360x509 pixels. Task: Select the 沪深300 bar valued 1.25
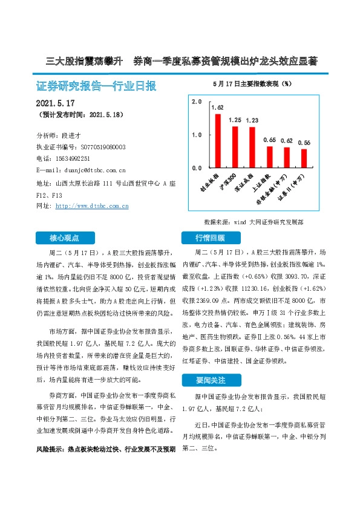pos(235,147)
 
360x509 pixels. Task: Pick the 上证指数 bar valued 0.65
pos(270,157)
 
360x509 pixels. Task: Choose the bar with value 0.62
pos(287,157)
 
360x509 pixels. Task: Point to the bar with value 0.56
pos(304,158)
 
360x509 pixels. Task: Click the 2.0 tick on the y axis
pos(196,102)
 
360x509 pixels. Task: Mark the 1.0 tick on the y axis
pos(196,135)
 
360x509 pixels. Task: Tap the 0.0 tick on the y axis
pos(196,167)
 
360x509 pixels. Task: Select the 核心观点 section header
pos(64,237)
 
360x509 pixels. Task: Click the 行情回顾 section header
pos(210,237)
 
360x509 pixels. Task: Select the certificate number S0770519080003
pos(103,147)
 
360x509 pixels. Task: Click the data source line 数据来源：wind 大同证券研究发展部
pos(254,222)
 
